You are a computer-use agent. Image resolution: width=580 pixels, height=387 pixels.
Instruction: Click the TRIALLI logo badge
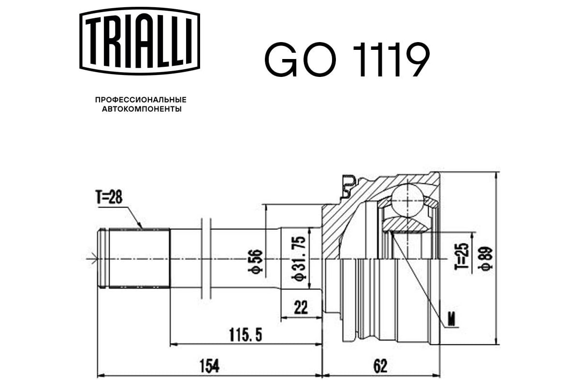140,41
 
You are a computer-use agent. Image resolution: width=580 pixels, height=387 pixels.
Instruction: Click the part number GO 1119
347,60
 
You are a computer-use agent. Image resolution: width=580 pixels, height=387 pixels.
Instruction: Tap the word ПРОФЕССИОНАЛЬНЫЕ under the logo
141,100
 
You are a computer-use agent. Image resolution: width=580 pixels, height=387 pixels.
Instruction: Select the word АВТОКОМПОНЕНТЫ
142,109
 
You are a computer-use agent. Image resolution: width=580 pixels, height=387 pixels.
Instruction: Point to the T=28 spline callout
109,197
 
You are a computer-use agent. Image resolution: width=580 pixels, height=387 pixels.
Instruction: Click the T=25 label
463,256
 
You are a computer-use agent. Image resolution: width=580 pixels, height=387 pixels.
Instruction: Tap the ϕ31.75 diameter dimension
299,259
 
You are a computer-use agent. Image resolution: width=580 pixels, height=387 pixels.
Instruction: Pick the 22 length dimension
301,307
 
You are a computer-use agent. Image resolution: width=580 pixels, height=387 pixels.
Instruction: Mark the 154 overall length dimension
209,366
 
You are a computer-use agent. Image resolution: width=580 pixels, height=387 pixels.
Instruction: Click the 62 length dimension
380,366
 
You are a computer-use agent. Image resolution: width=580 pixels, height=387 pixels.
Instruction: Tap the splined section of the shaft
140,258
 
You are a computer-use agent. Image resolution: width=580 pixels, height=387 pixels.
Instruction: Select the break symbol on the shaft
206,258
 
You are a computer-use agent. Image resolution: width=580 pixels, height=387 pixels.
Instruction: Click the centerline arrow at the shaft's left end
92,259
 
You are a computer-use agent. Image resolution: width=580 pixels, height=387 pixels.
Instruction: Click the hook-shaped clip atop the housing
349,186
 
